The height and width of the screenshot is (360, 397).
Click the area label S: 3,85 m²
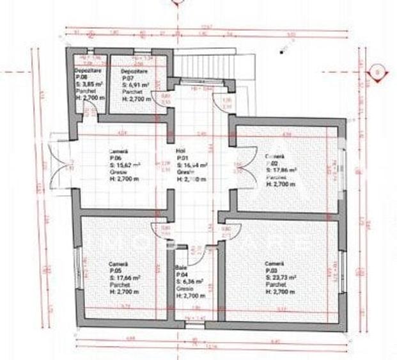85,84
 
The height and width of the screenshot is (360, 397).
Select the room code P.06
116,157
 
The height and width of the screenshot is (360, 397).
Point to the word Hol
180,151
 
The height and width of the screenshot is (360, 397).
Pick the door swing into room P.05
160,228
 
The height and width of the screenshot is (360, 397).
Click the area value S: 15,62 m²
125,164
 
